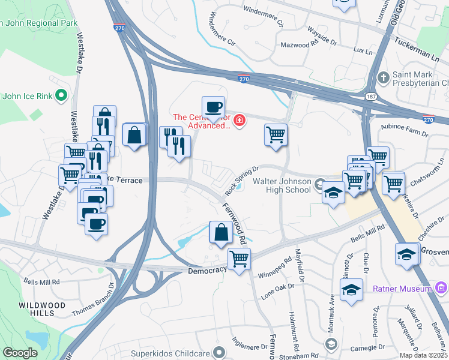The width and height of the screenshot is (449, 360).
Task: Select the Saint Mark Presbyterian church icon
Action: (384, 78)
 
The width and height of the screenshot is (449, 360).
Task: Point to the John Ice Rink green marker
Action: (61, 95)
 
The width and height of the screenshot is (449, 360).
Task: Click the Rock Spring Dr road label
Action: (241, 181)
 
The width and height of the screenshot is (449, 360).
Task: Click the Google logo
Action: (20, 353)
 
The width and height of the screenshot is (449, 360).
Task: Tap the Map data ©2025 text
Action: (423, 355)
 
